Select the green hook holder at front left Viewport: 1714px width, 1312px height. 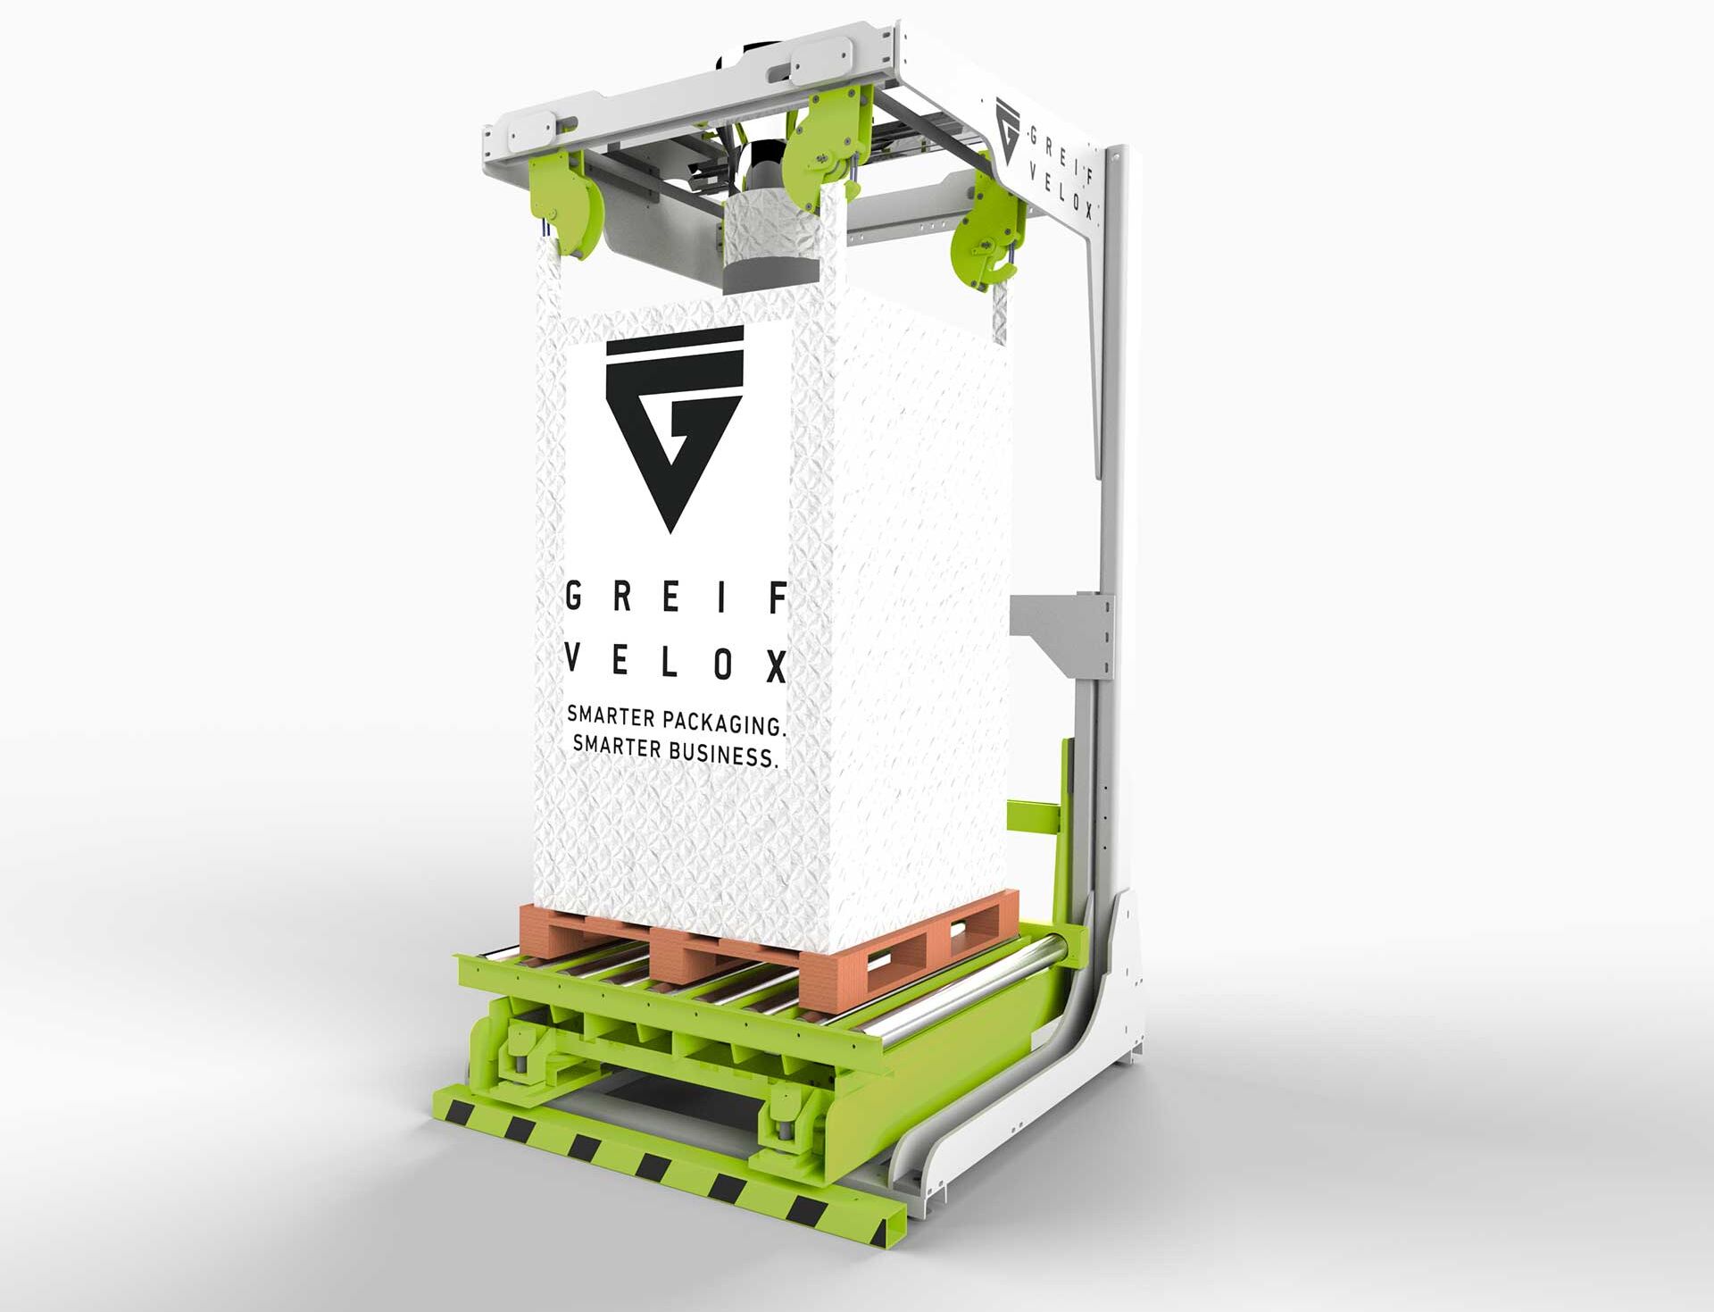click(x=566, y=205)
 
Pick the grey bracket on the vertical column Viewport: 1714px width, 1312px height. click(x=1062, y=630)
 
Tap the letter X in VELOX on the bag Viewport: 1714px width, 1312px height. click(x=777, y=666)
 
